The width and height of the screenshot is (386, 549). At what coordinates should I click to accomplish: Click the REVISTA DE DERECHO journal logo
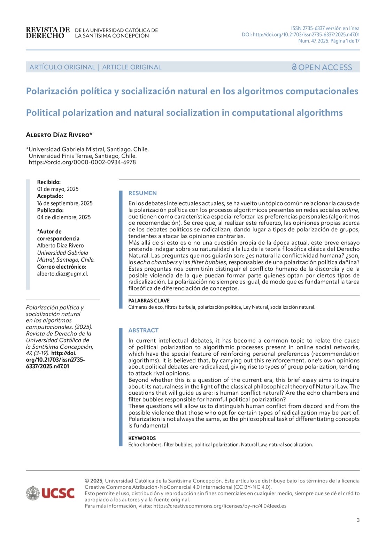[48, 33]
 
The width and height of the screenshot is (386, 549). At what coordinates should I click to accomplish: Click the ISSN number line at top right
[325, 28]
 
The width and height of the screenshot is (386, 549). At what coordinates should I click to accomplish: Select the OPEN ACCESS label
[322, 67]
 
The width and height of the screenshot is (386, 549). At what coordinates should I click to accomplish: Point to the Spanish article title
[192, 91]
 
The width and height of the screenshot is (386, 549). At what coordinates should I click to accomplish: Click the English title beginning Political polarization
[184, 113]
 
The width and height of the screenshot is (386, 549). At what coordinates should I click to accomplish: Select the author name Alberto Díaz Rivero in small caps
[59, 135]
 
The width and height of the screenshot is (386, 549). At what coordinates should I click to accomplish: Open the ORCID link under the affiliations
[82, 162]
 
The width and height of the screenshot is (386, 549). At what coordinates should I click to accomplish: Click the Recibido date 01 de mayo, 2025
[58, 189]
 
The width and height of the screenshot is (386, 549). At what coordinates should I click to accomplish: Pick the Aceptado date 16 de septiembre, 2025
[65, 203]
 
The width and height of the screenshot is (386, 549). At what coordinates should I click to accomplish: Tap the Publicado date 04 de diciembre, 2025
[64, 217]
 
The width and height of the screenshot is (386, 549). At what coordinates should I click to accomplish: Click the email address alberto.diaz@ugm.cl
[63, 274]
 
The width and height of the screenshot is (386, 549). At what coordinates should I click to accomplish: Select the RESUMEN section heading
[142, 193]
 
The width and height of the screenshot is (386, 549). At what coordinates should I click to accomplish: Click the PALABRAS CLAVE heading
[149, 301]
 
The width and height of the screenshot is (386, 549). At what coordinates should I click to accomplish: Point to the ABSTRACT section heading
[143, 330]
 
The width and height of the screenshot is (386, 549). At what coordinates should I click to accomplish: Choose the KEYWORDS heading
[142, 438]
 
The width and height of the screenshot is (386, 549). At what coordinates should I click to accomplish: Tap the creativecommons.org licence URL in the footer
[219, 506]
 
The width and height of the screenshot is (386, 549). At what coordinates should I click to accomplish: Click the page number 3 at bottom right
[358, 520]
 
